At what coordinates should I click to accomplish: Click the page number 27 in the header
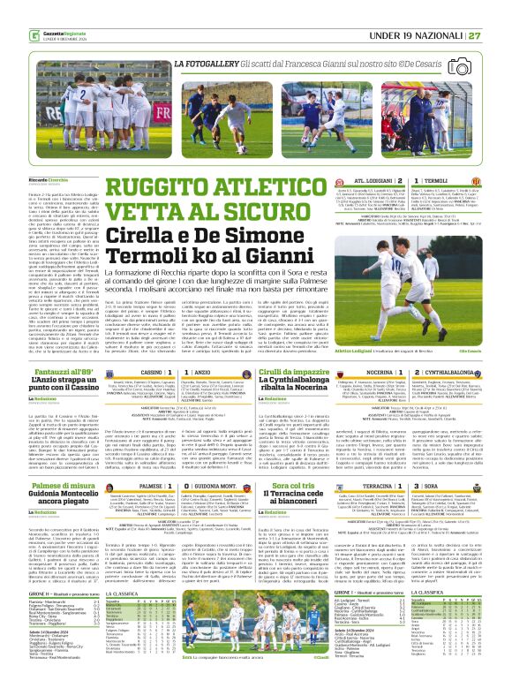(x=498, y=11)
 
